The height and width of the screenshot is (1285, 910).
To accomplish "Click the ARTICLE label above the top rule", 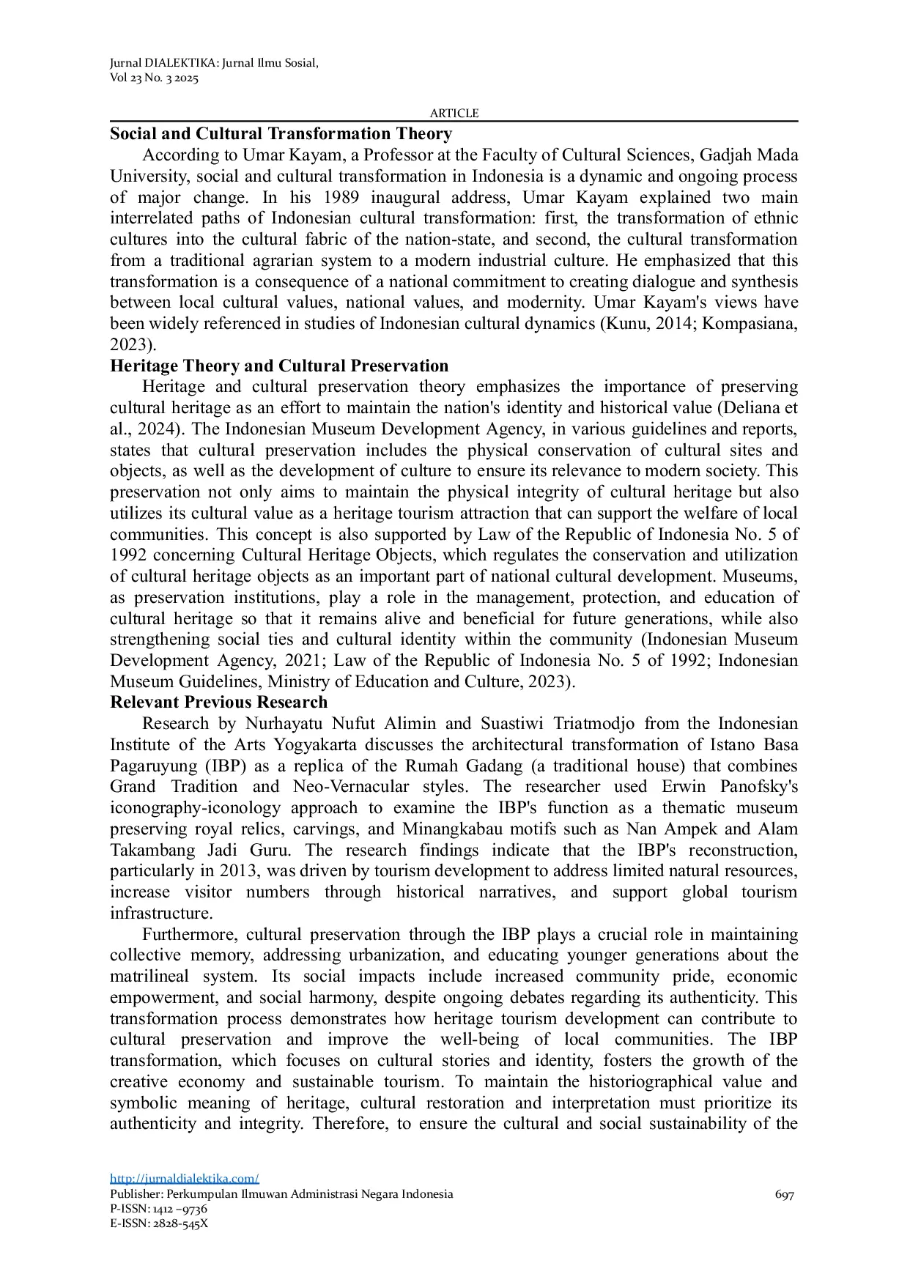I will [454, 113].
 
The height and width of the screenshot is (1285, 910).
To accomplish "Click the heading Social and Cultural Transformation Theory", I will [281, 134].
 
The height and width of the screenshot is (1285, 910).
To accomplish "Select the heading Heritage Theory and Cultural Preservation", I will [278, 366].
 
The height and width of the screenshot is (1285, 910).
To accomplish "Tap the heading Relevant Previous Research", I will [218, 703].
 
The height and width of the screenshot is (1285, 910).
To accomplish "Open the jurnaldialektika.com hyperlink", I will [184, 1178].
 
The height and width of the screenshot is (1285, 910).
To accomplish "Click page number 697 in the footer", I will [784, 1194].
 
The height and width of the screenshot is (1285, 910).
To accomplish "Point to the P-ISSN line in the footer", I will [158, 1209].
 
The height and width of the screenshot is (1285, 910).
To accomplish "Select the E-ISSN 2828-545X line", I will [158, 1223].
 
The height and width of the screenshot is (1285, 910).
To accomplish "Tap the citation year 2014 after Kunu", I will [673, 324].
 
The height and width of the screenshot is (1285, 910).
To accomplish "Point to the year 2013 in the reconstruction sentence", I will [239, 871].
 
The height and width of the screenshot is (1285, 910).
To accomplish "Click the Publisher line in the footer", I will [281, 1194].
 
